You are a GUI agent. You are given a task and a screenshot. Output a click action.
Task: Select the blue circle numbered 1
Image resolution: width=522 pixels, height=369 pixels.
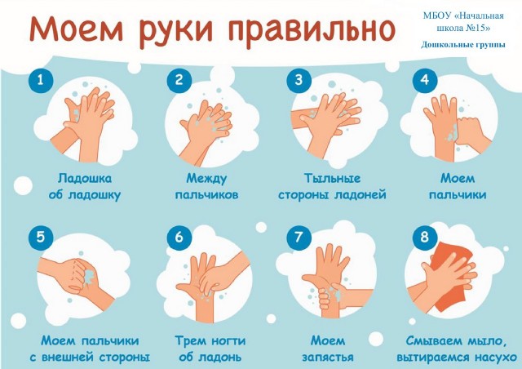pos(41,80)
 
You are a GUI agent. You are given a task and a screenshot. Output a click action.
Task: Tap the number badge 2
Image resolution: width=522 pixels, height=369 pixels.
pos(179,80)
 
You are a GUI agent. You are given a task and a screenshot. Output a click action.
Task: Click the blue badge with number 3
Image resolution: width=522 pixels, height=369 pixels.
pos(299,80)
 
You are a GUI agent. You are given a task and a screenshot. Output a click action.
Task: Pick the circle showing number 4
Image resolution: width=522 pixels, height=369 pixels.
pos(425,80)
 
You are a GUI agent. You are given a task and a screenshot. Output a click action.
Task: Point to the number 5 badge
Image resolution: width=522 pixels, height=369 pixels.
pos(41,238)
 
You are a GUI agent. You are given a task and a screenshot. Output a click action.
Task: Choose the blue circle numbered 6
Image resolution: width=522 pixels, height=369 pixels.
pos(179,238)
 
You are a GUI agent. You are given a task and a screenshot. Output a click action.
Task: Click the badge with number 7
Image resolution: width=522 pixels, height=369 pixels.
pos(299,238)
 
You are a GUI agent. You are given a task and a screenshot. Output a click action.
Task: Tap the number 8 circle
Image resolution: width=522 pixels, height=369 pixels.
pos(425,238)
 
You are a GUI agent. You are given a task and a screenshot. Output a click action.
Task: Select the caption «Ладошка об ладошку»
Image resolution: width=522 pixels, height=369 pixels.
pos(85,187)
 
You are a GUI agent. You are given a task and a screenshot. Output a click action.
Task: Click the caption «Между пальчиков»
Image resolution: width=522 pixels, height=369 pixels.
pos(206,187)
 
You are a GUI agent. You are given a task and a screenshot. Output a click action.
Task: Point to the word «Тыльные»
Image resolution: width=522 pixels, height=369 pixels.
pos(332,179)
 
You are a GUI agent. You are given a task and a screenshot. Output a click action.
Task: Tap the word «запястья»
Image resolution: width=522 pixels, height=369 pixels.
pos(328,358)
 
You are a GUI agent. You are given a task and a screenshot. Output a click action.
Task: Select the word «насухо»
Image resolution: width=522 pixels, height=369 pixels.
pos(496,358)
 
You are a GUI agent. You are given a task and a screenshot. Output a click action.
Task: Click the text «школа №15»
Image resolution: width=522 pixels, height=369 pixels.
pos(463,29)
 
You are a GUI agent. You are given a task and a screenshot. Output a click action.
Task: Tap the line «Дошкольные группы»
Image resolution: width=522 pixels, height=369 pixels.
pos(463,45)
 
